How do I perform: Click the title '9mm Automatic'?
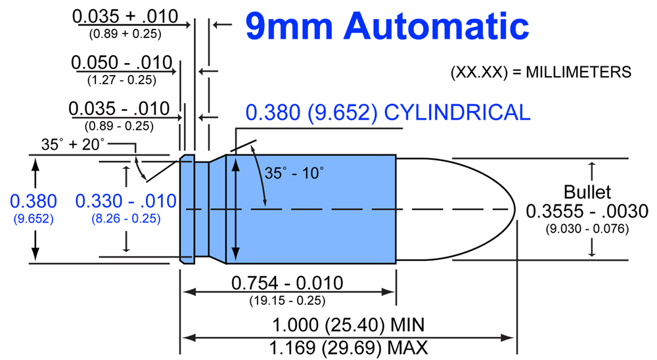pyautogui.click(x=387, y=26)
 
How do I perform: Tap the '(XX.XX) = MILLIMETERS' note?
pyautogui.click(x=541, y=72)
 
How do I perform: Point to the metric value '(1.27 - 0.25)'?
pyautogui.click(x=121, y=80)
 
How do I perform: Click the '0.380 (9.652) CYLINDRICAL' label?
pyautogui.click(x=388, y=112)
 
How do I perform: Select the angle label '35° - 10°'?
pyautogui.click(x=294, y=173)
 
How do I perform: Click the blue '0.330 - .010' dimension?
pyautogui.click(x=126, y=200)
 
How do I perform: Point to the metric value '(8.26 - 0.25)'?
pyautogui.click(x=126, y=218)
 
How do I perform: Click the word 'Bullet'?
pyautogui.click(x=587, y=192)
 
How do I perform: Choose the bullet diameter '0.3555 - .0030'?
pyautogui.click(x=587, y=212)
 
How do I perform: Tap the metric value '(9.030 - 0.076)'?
pyautogui.click(x=587, y=229)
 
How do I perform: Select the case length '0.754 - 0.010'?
pyautogui.click(x=287, y=283)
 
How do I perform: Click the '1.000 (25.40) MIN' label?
pyautogui.click(x=349, y=324)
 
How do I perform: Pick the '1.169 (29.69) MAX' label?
pyautogui.click(x=349, y=346)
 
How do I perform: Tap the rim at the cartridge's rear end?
pyautogui.click(x=187, y=209)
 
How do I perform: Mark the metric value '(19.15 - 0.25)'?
pyautogui.click(x=287, y=300)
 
